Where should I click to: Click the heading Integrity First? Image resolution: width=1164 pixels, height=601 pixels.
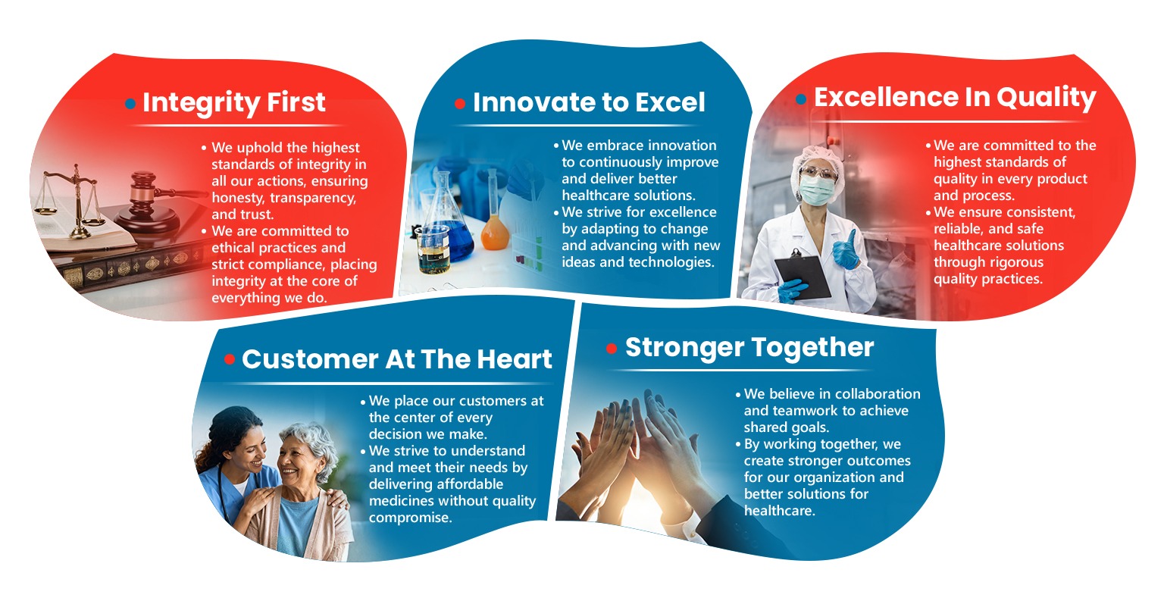coord(234,103)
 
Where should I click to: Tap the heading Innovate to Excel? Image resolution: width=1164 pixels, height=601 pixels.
coord(589,102)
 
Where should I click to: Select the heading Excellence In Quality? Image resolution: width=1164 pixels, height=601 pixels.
coord(955,98)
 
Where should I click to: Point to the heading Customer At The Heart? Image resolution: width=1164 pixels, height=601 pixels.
coord(396,359)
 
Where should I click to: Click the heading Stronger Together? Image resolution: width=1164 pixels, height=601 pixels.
coord(749,348)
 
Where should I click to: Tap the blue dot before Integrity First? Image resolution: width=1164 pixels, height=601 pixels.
coord(130,104)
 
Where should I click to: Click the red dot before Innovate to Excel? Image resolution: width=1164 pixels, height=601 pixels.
coord(460,104)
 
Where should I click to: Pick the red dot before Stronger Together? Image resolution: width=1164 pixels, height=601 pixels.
coord(612,349)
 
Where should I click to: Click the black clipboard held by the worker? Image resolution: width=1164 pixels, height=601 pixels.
coord(803,276)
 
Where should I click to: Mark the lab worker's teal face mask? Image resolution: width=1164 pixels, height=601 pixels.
coord(816,189)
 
